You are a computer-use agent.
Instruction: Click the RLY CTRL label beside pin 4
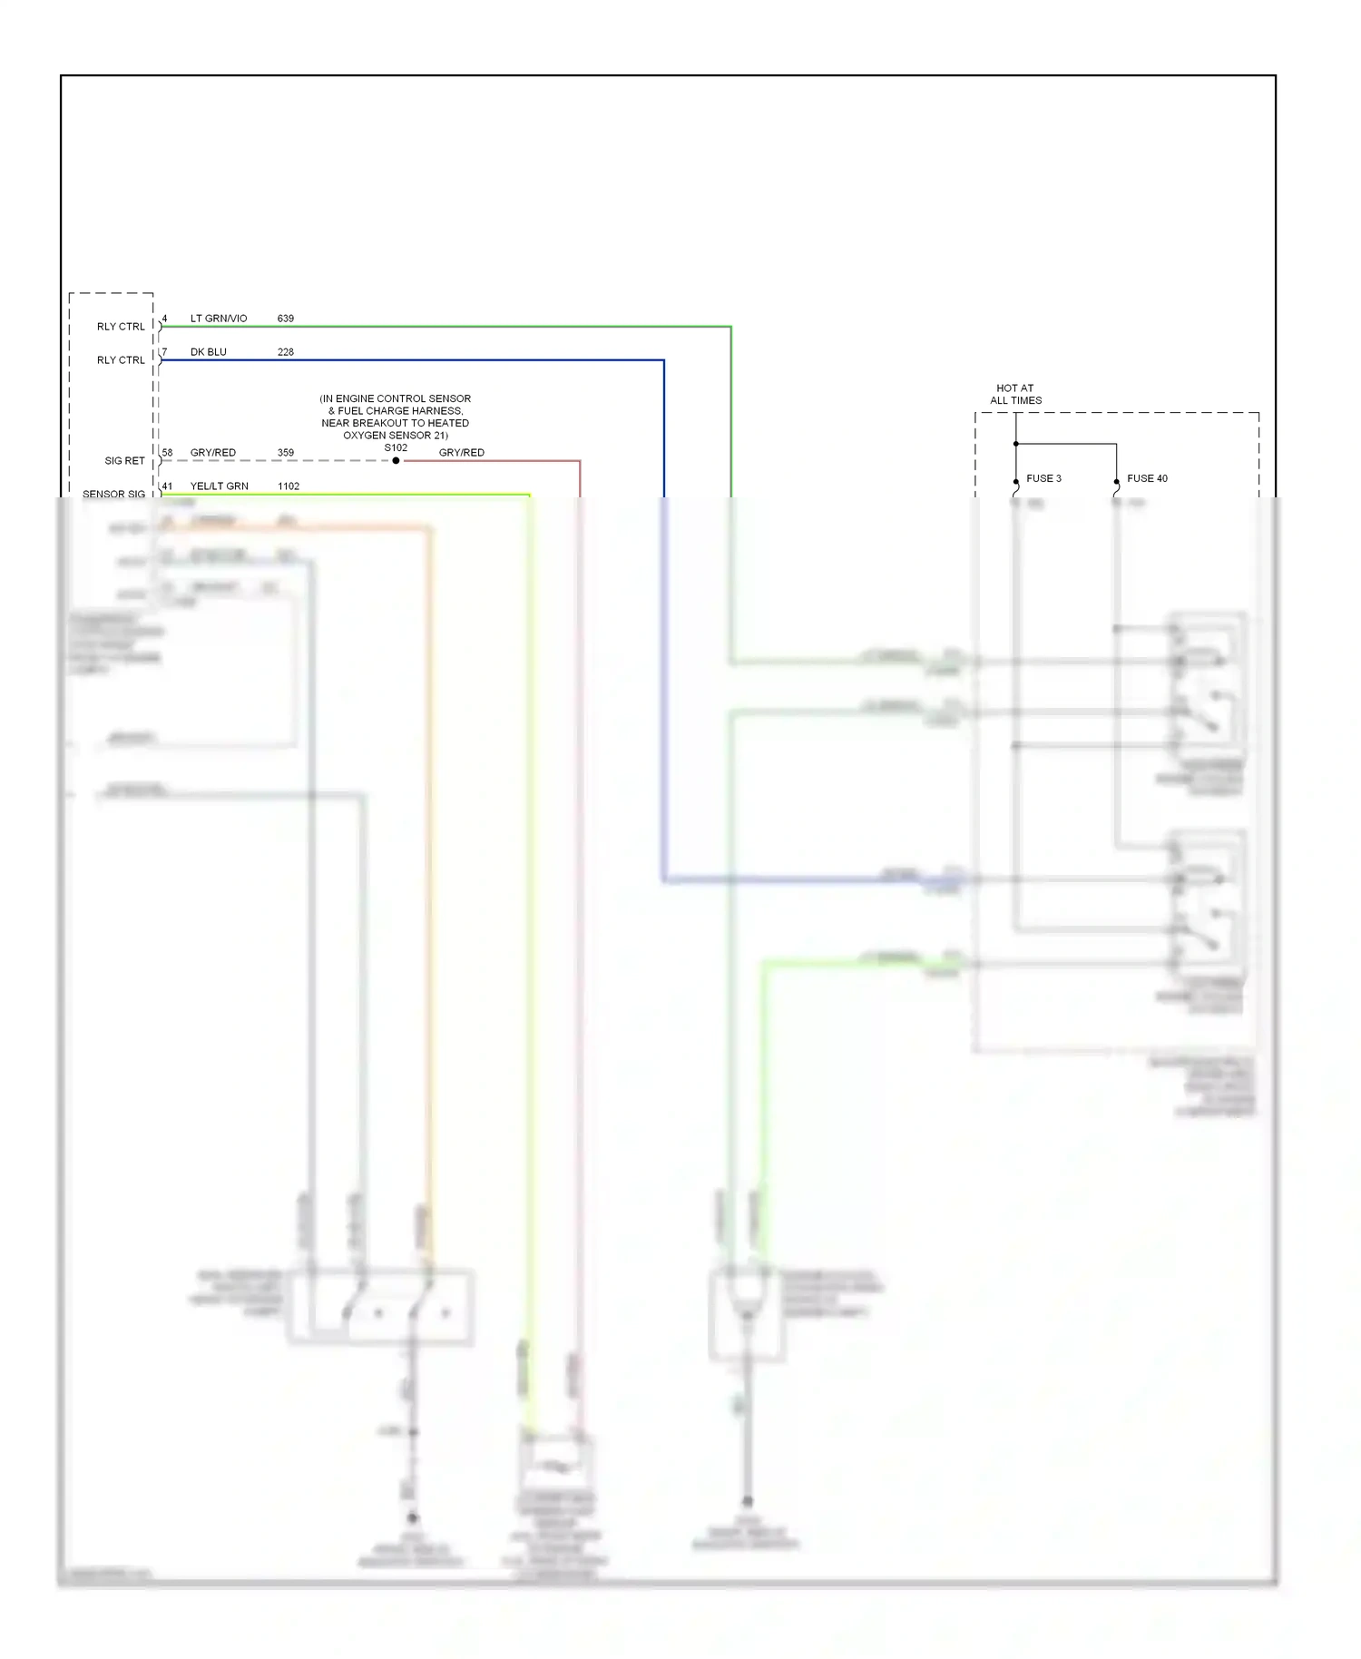click(121, 327)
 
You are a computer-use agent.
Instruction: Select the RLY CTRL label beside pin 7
click(121, 360)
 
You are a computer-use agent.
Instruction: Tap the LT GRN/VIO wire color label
click(218, 319)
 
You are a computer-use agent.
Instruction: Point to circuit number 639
click(286, 319)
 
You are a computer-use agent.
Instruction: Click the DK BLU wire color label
click(208, 352)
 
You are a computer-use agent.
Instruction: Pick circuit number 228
click(286, 352)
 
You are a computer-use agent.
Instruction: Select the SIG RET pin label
click(124, 461)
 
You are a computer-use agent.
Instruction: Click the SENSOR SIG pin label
click(113, 495)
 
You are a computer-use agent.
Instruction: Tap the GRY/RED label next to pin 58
click(212, 453)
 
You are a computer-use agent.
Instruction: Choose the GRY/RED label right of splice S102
click(461, 453)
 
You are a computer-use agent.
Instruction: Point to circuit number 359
click(286, 453)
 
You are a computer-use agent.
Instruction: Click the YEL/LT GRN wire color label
click(219, 486)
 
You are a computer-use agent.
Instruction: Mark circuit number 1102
click(289, 486)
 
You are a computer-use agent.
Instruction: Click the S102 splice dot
click(396, 461)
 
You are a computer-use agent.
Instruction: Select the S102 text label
click(396, 448)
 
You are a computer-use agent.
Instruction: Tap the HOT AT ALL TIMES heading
click(1015, 394)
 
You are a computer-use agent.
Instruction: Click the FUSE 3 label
click(1043, 478)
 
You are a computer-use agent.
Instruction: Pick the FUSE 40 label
click(1147, 478)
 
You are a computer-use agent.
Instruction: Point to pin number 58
click(167, 453)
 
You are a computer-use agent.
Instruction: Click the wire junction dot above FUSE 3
click(1015, 444)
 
